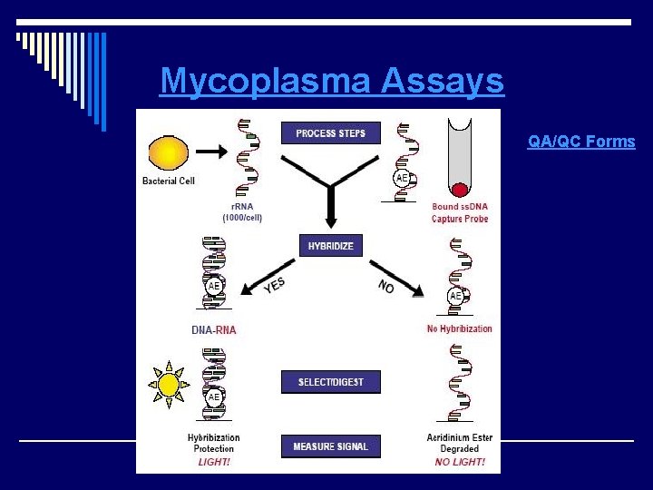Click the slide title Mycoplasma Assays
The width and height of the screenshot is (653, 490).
click(x=331, y=82)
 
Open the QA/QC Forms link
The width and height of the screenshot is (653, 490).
click(x=581, y=142)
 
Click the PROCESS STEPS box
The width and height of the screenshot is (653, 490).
click(x=330, y=133)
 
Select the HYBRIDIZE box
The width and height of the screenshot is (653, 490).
click(x=330, y=245)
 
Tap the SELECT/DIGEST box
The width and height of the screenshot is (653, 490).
click(x=330, y=382)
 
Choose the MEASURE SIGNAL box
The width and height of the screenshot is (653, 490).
click(x=330, y=446)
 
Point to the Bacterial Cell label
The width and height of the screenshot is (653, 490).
click(x=169, y=181)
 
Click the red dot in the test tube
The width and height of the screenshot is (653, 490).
click(x=460, y=190)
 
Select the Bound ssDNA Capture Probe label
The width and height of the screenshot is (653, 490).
click(x=460, y=213)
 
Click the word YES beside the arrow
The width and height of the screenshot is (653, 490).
click(x=274, y=286)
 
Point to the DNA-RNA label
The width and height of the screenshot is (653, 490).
click(x=213, y=330)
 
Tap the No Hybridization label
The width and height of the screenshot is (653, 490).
click(x=459, y=328)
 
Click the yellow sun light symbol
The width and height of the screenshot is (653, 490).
click(x=169, y=385)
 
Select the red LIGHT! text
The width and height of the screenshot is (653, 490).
click(x=214, y=462)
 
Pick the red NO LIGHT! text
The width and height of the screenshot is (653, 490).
click(x=460, y=462)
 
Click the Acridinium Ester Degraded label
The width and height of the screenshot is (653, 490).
click(x=460, y=443)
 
